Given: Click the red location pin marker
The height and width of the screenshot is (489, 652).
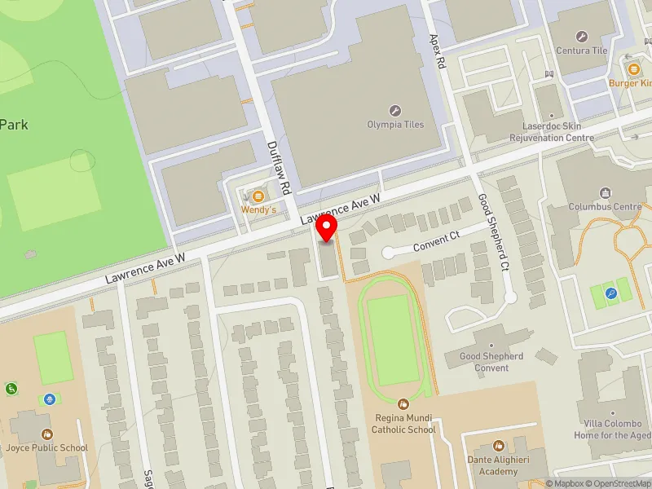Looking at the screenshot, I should (327, 228).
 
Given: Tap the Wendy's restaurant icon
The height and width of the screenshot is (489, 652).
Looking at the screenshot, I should (258, 196).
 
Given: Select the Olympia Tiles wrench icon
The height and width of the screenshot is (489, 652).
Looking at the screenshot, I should (395, 111).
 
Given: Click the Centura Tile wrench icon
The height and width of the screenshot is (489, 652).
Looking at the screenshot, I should (581, 37).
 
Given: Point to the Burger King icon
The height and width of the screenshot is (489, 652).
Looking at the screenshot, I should (633, 68).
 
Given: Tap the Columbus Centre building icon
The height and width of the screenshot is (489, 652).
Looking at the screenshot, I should (605, 193).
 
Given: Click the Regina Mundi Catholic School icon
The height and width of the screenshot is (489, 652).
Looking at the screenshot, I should (403, 403).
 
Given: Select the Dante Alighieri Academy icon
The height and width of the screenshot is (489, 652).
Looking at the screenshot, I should (499, 446).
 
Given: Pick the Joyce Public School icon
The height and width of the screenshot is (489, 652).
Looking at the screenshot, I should (46, 434).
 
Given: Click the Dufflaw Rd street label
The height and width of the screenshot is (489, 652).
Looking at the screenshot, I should (279, 167).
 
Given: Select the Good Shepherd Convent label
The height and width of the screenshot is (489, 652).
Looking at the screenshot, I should (491, 362).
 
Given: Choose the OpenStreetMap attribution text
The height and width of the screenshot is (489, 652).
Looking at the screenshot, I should (619, 483).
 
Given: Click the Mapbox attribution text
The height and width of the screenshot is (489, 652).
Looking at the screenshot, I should (566, 483).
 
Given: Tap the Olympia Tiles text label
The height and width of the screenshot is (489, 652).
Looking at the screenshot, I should (395, 125).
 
